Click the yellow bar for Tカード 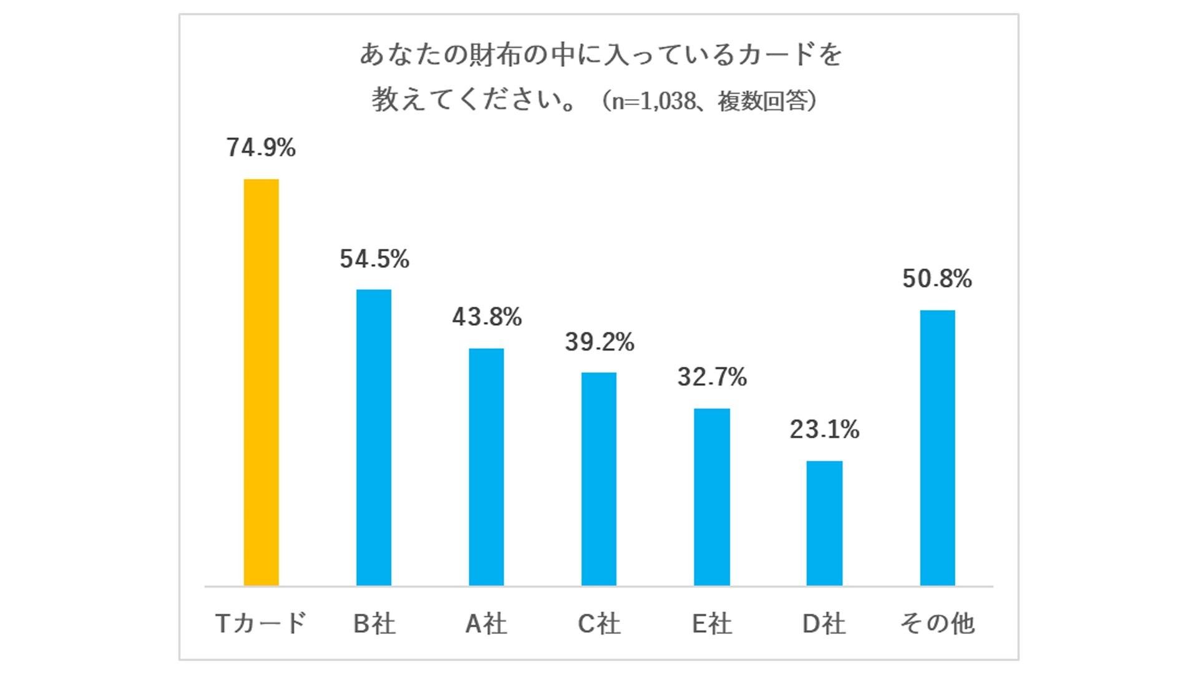click(261, 382)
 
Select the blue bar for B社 click(374, 437)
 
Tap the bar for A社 click(486, 466)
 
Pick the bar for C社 click(599, 479)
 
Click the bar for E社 click(712, 497)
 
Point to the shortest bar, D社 click(824, 523)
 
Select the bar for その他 click(937, 447)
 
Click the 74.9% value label click(261, 148)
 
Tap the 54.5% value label click(374, 259)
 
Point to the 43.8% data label click(487, 317)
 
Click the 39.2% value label click(600, 342)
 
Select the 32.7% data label click(712, 377)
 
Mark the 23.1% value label click(824, 429)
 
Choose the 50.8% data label click(937, 278)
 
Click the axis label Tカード click(261, 623)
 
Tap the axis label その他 click(937, 623)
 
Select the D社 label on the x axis click(824, 623)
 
